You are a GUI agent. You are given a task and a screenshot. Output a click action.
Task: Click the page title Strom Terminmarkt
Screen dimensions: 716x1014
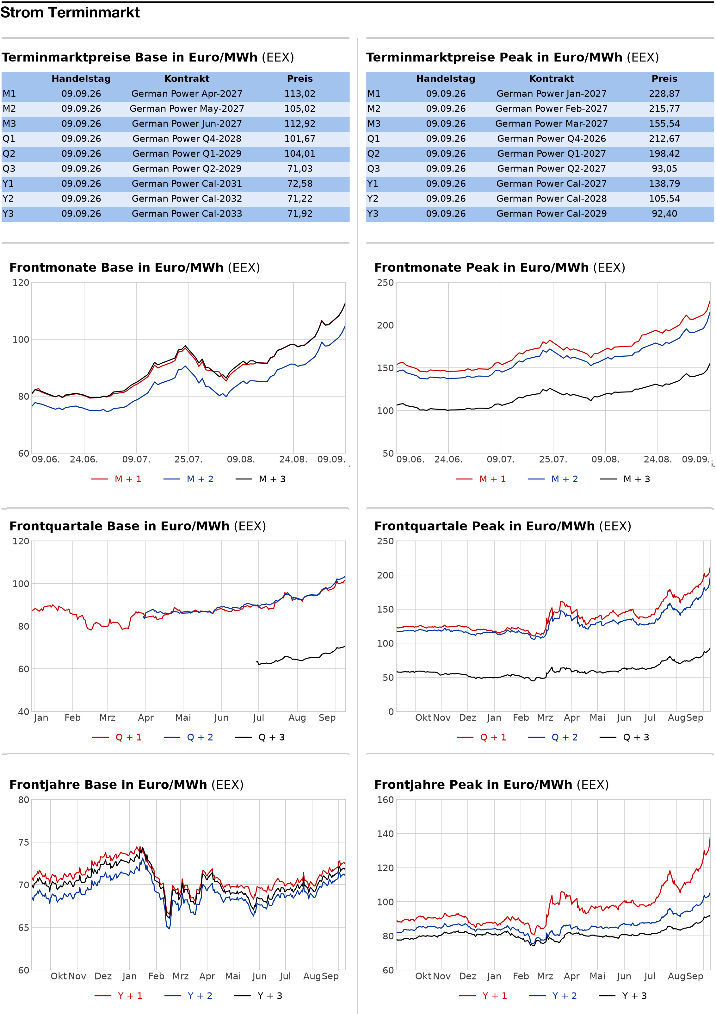(70, 12)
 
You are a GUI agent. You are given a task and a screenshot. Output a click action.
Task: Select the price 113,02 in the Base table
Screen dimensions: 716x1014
(300, 94)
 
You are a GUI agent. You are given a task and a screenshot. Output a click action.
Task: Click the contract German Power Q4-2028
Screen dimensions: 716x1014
(187, 139)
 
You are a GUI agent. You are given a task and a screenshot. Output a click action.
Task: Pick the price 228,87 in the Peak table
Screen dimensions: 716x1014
(664, 94)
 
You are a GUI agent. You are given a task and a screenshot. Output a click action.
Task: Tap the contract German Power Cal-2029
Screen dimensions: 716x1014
(551, 214)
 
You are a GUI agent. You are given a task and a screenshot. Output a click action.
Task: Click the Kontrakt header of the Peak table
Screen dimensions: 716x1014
(551, 78)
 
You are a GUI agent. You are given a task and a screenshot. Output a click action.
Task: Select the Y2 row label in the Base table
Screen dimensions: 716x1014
(8, 199)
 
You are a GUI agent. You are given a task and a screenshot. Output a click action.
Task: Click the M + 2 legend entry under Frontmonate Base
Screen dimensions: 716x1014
(188, 479)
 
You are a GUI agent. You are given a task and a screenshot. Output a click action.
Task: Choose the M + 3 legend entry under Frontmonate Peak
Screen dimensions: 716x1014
(625, 479)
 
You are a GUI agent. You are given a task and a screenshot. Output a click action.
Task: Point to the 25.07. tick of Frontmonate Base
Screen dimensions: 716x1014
(188, 459)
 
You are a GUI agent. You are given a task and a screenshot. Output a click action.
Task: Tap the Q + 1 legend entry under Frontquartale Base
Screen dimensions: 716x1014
(117, 737)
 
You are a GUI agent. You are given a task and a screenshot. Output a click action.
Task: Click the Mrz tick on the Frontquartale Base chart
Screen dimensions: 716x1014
(107, 718)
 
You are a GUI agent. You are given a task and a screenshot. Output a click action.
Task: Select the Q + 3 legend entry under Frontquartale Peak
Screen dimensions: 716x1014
(624, 737)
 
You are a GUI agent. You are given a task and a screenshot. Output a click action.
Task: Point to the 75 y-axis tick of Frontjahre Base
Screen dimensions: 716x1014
(23, 843)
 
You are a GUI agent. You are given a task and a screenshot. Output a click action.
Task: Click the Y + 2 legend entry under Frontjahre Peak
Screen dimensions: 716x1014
(553, 996)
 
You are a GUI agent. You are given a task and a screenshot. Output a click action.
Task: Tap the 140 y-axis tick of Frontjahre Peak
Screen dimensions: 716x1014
(386, 834)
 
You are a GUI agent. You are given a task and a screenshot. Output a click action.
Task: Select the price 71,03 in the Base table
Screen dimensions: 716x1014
(300, 169)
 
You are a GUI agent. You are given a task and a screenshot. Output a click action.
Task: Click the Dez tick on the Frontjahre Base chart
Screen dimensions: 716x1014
(103, 976)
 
